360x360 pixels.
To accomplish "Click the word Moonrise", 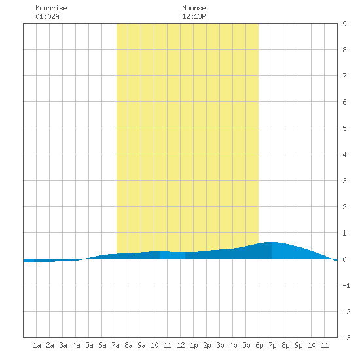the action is pos(51,8).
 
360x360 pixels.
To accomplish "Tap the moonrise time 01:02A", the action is pos(47,16).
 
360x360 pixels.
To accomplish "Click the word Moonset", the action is pos(196,8).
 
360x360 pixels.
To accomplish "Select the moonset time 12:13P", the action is pos(194,16).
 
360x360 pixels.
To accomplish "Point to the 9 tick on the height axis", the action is pos(344,24).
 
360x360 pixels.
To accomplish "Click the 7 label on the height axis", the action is pos(344,76).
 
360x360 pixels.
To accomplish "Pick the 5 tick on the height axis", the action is pos(344,128).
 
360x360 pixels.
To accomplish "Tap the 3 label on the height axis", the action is pos(344,181).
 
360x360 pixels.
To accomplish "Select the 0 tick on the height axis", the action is pos(344,259).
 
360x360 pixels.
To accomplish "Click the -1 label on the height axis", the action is pos(346,285).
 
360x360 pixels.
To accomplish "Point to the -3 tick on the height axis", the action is pos(346,338).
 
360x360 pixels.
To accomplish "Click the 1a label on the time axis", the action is pos(37,345).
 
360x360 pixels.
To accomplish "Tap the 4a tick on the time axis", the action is pos(76,345).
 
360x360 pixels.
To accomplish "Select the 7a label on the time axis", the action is pos(115,345).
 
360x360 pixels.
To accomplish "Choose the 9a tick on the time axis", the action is pos(141,345).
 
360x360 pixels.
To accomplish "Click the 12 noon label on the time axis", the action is pos(181,345).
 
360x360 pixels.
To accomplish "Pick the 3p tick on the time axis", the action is pos(220,345).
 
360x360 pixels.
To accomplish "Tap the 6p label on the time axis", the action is pos(259,345).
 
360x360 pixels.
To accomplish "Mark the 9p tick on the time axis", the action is pos(298,345).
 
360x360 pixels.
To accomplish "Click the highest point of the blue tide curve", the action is pos(272,242).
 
